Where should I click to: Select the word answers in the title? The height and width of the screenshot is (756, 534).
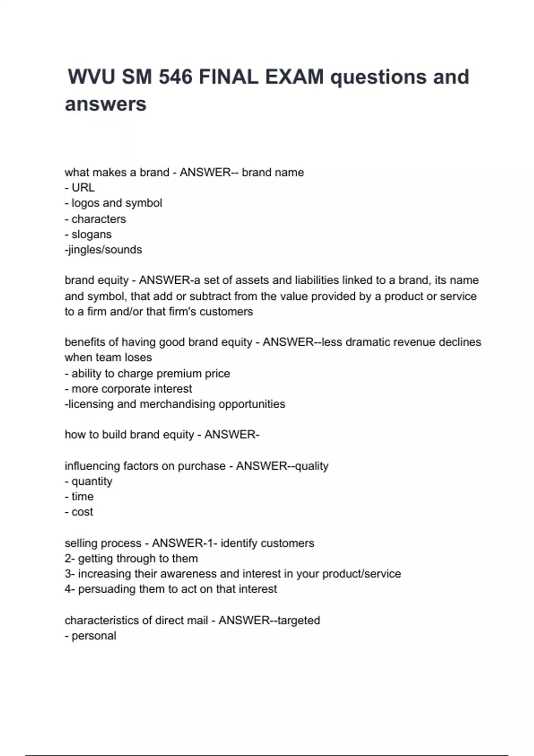click(105, 104)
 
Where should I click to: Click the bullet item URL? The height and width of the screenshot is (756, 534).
click(83, 188)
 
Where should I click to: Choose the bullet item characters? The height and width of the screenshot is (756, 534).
click(98, 219)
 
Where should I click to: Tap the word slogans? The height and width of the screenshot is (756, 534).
click(91, 234)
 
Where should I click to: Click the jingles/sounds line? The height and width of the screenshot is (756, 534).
click(104, 249)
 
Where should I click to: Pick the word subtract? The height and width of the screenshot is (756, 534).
click(210, 296)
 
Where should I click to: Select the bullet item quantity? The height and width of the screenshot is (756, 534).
click(92, 481)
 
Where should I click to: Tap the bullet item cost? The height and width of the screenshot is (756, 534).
click(82, 512)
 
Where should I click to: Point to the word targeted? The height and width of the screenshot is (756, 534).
click(298, 620)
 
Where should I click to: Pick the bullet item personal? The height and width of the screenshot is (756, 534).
click(93, 636)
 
